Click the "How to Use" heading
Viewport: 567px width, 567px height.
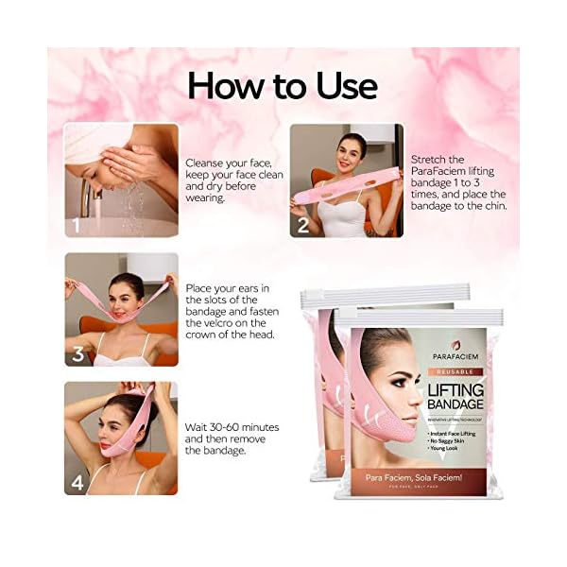pos(282,86)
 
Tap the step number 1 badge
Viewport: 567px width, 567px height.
pos(75,225)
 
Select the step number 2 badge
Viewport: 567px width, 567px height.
pos(303,225)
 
